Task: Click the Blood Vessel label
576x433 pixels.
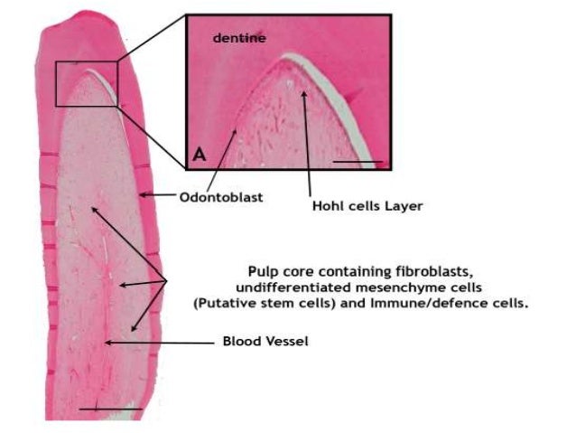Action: click(267, 343)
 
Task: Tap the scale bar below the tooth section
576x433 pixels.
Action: click(110, 409)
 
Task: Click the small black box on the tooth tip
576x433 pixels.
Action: click(87, 83)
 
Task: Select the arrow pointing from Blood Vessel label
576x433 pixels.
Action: click(163, 343)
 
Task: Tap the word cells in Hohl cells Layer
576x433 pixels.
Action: click(362, 205)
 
